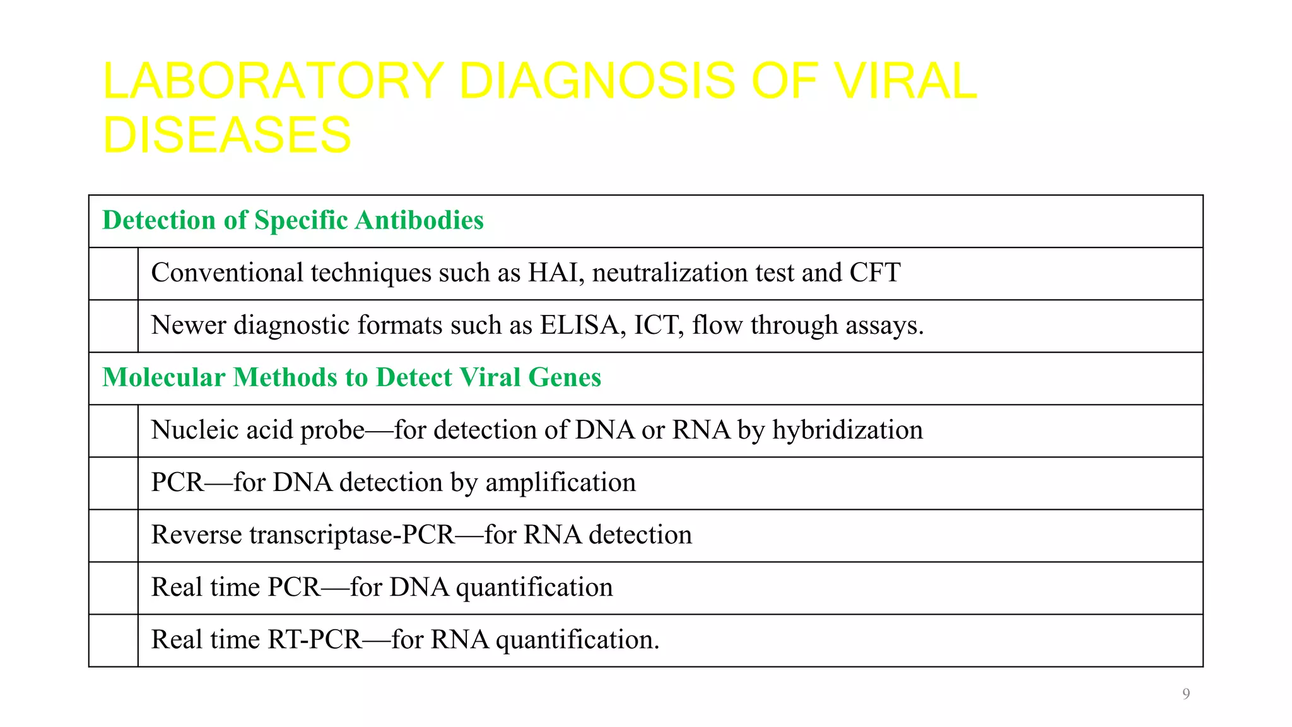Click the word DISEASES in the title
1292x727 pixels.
(226, 135)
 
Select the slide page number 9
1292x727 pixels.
(1186, 694)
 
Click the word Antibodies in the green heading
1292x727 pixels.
(420, 220)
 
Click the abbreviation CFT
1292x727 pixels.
(875, 273)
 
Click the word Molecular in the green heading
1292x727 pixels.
(163, 377)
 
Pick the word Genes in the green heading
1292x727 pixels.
(564, 377)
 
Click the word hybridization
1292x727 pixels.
(847, 430)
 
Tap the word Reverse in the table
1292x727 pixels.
(196, 535)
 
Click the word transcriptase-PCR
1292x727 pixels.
(351, 535)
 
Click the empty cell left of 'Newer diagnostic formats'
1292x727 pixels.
(114, 326)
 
